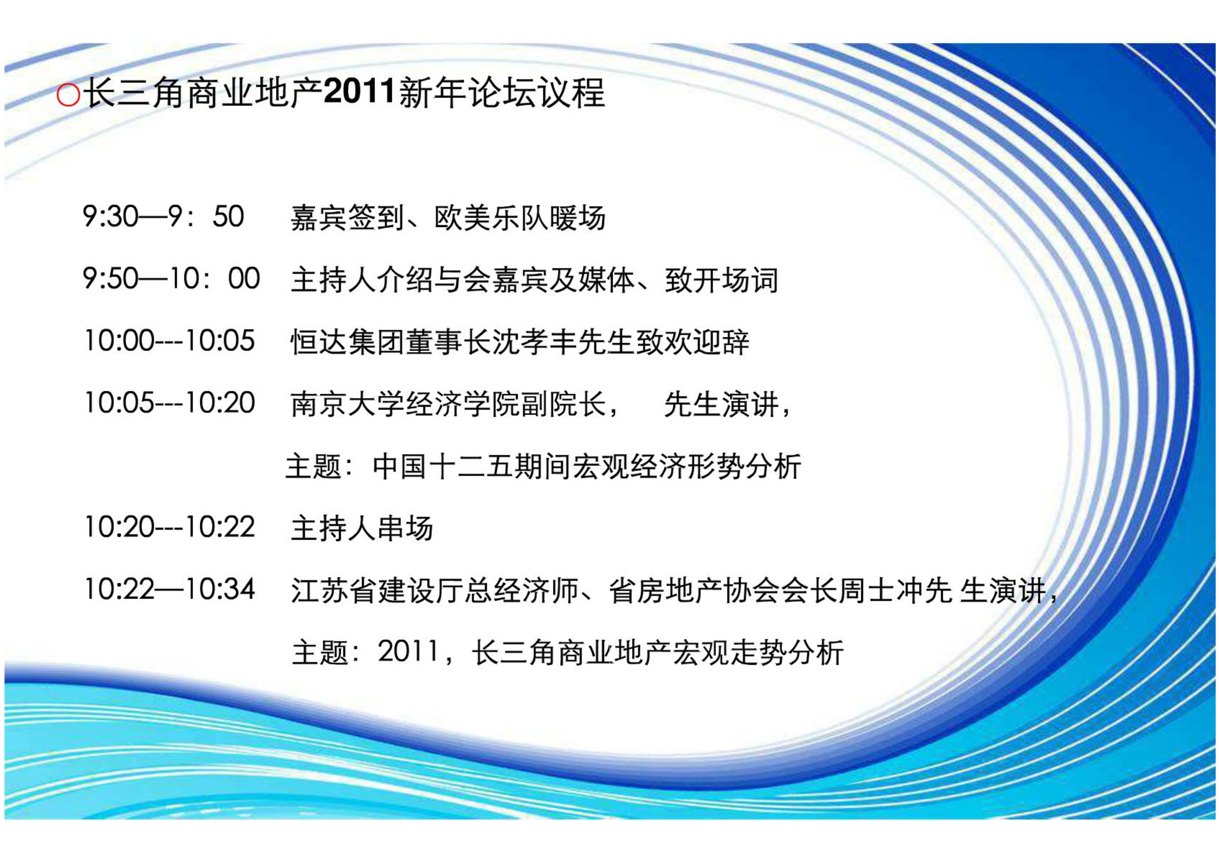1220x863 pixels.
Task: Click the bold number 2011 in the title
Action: pos(359,93)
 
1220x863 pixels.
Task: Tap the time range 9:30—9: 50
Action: pos(163,217)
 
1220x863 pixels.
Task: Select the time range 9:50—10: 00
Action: pos(171,279)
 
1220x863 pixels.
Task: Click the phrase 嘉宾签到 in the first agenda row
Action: pos(347,218)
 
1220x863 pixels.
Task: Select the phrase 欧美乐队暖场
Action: pos(520,218)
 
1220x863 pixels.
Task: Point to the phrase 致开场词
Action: pos(722,280)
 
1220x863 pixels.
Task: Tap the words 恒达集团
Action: pos(347,342)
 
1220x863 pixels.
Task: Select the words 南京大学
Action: pos(347,404)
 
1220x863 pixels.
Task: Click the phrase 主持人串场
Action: pos(362,528)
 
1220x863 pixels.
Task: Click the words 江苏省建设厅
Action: pos(376,590)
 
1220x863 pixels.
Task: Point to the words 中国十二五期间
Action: pos(472,467)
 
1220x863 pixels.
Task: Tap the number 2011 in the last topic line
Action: pos(407,651)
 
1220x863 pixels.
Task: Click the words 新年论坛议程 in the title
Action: pos(502,93)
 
